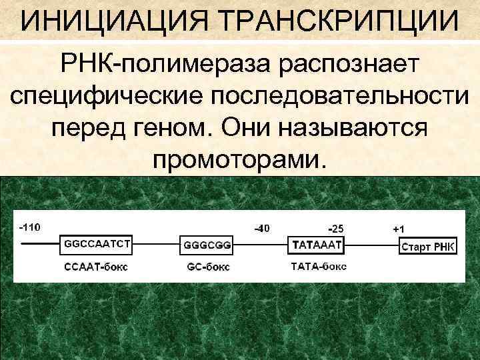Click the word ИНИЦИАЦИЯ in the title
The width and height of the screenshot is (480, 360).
click(113, 21)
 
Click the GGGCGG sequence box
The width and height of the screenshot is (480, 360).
click(207, 245)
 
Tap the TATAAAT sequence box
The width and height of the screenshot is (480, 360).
click(315, 245)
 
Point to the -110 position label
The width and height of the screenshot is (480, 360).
click(29, 227)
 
